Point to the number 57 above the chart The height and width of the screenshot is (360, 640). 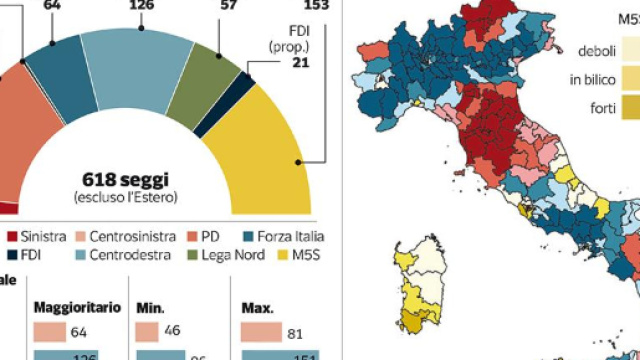tap(228, 6)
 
